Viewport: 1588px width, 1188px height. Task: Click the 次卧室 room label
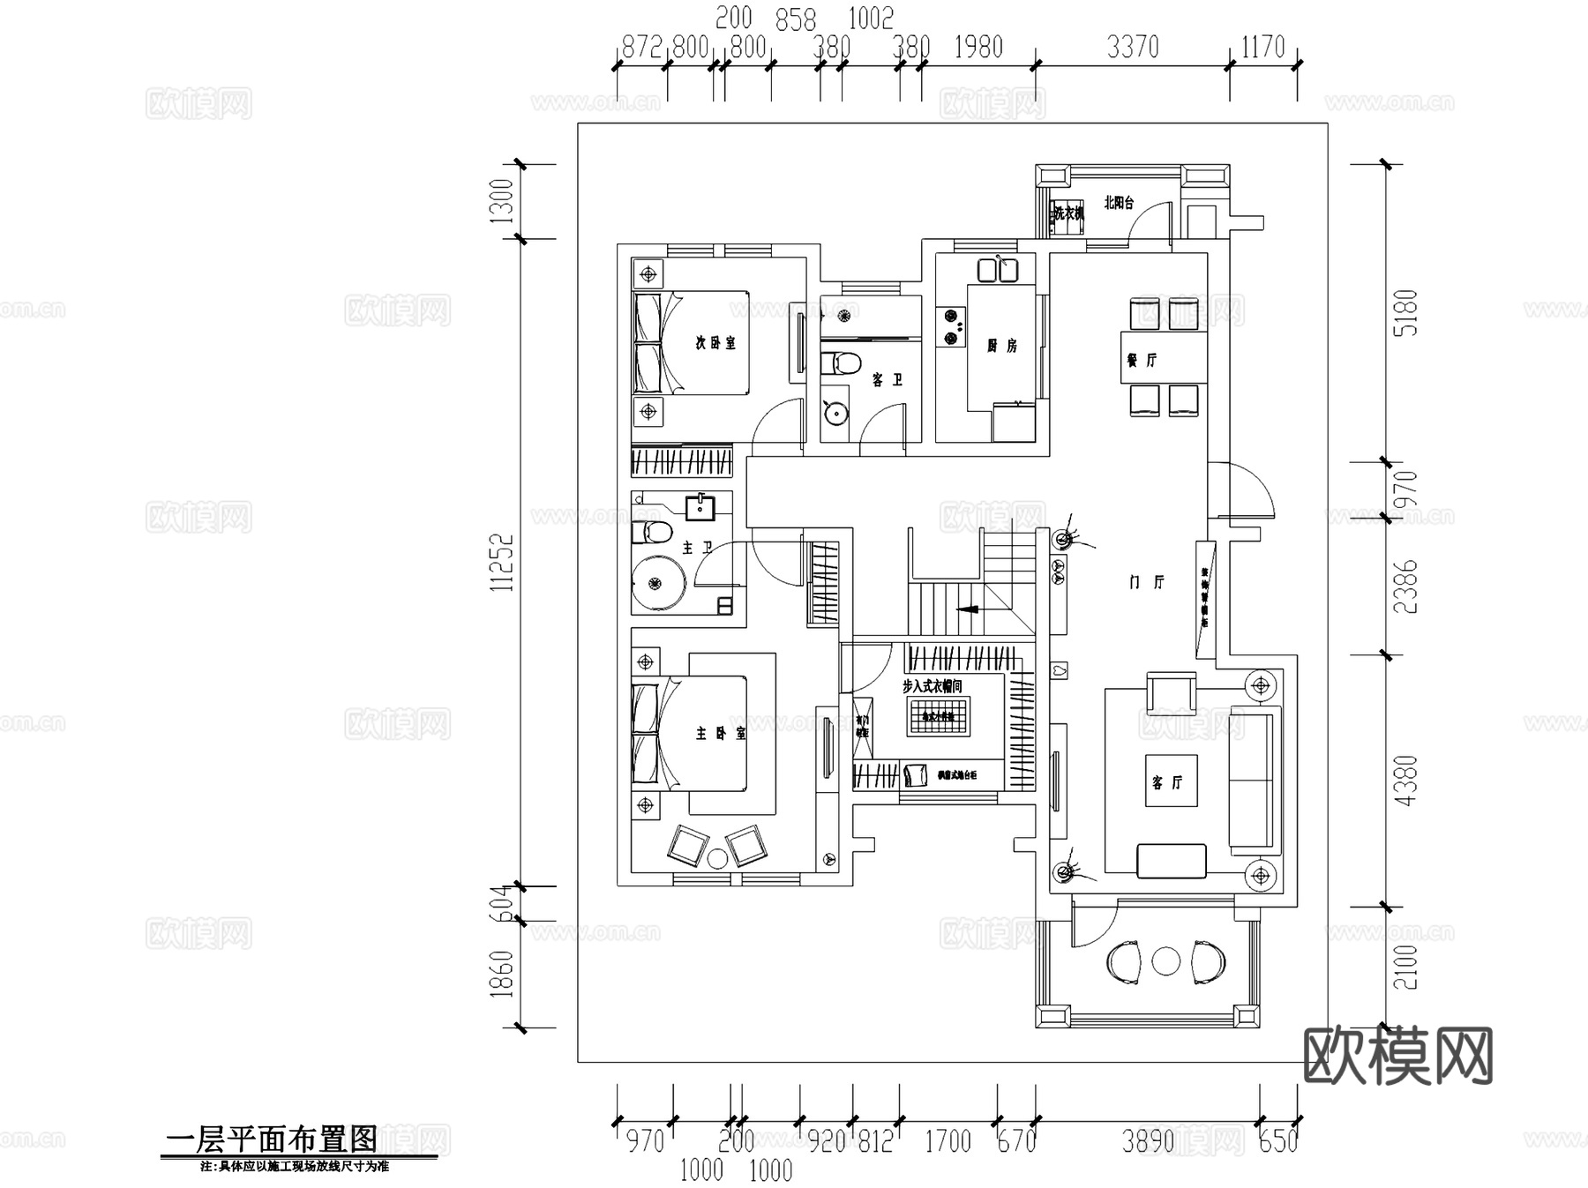tap(715, 343)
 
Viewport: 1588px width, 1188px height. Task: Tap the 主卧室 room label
tap(720, 733)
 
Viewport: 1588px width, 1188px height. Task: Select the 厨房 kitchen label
tap(1001, 346)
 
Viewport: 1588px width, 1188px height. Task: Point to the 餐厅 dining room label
tap(1141, 360)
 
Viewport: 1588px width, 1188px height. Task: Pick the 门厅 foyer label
tap(1147, 582)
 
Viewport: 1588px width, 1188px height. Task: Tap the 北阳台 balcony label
tap(1118, 203)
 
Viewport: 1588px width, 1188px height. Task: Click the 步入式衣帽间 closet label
tap(932, 685)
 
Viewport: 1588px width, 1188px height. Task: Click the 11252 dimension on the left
tap(502, 562)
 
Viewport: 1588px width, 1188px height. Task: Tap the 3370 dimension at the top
tap(1132, 47)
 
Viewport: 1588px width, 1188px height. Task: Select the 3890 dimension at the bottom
tap(1147, 1141)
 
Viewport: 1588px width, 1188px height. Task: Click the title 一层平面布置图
tap(272, 1139)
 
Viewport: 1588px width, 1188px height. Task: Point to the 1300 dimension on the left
tap(500, 201)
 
